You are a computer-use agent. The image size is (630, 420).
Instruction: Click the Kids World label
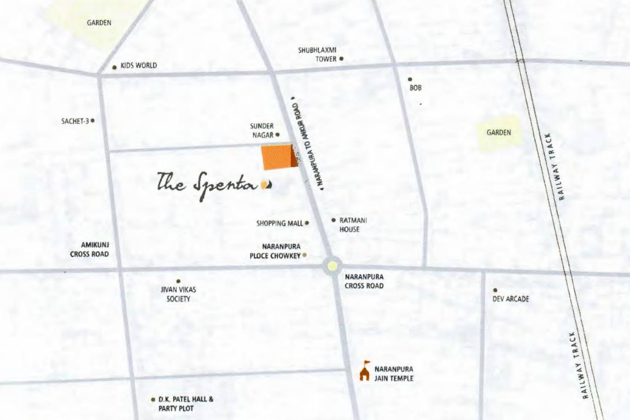tap(138, 66)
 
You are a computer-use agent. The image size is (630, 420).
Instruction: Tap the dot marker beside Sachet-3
tap(92, 120)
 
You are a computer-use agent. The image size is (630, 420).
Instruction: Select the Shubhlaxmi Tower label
tap(317, 54)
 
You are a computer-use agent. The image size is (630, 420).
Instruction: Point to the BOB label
tap(415, 87)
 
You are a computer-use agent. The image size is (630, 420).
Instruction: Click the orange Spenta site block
tap(277, 157)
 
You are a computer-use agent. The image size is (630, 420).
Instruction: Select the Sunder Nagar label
tap(262, 130)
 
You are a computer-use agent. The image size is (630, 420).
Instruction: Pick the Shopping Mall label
tap(279, 223)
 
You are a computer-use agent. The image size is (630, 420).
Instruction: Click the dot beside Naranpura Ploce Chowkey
tap(305, 255)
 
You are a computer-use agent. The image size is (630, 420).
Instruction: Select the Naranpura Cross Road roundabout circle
tap(332, 267)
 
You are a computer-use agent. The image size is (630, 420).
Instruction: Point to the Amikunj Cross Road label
tap(89, 250)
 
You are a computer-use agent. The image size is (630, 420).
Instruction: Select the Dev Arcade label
tap(511, 299)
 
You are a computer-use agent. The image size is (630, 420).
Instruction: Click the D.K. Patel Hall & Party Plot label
tap(185, 404)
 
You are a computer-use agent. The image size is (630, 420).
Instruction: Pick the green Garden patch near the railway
tap(499, 132)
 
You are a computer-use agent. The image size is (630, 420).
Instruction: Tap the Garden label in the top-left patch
tap(99, 23)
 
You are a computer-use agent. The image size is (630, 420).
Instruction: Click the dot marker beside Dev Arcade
tap(495, 290)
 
